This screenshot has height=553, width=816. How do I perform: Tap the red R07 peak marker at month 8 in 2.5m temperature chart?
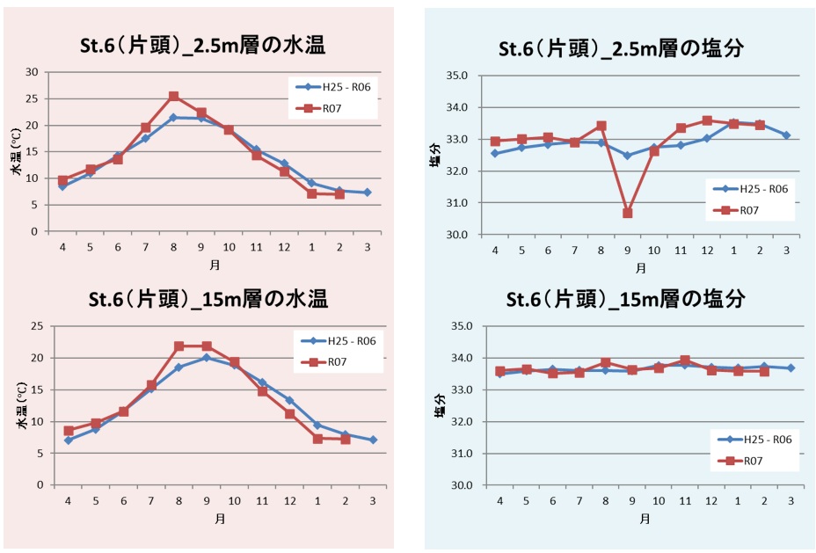point(173,96)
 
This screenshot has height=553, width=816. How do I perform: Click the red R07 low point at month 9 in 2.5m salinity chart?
point(627,213)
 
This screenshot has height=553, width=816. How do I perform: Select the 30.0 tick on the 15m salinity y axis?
point(461,485)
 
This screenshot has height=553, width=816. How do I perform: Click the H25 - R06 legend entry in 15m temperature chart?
point(339,341)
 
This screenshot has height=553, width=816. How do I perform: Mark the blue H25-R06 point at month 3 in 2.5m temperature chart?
point(367,193)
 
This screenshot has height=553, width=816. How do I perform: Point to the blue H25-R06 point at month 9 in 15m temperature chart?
point(207,358)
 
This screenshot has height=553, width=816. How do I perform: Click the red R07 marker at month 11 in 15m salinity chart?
point(684,360)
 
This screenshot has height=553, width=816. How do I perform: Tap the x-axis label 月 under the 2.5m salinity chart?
point(641,267)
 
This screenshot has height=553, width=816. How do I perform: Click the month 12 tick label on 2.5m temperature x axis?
point(284,248)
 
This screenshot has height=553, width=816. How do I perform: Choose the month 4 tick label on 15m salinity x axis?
point(500,500)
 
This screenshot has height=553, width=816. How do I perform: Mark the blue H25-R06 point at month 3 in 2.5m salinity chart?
point(786,135)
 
